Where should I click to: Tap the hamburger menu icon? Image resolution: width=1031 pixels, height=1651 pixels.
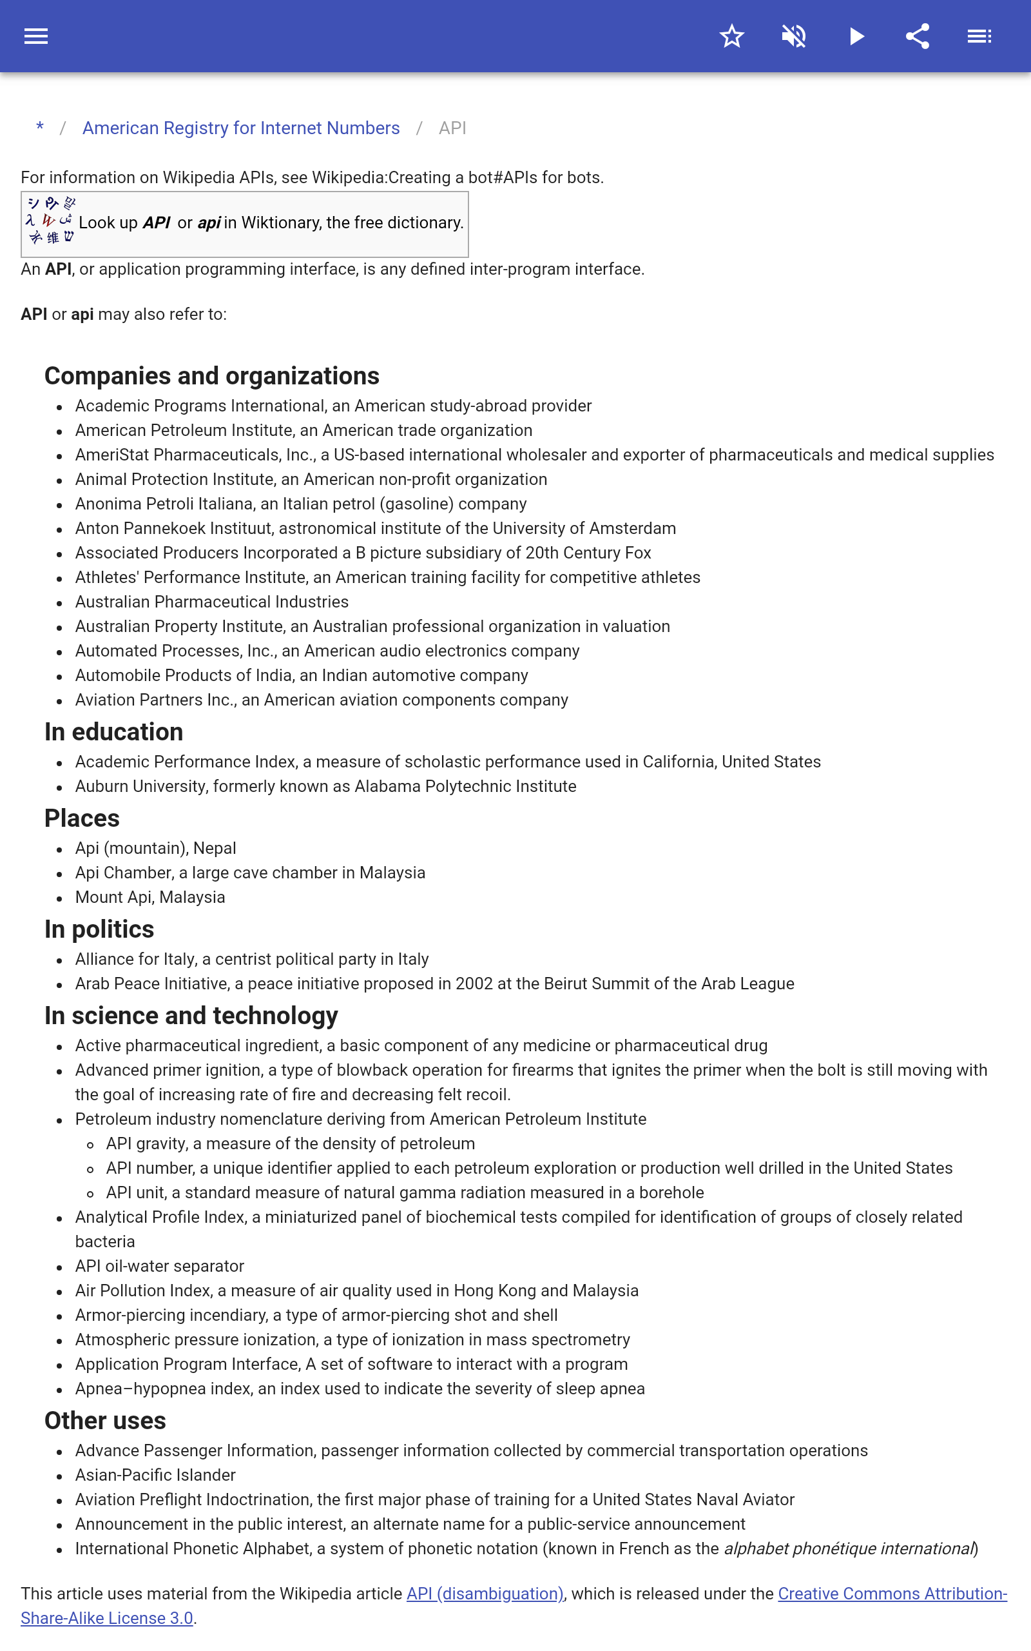tap(36, 36)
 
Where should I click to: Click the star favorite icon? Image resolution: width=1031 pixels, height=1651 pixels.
tap(731, 36)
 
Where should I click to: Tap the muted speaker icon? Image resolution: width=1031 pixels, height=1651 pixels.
tap(794, 36)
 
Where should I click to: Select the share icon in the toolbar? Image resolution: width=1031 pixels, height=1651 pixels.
tap(918, 36)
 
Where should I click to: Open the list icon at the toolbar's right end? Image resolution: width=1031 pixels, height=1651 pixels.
tap(979, 36)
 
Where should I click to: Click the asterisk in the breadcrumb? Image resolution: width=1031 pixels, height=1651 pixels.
tap(40, 128)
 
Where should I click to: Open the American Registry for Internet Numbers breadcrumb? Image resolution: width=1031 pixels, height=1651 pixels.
tap(241, 128)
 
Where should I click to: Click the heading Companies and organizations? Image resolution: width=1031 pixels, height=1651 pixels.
tap(211, 376)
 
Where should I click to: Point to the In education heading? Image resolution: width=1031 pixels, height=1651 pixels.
tap(114, 732)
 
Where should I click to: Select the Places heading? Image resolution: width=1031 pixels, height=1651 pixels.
tap(82, 818)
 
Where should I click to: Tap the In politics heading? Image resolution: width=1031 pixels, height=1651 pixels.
tap(99, 929)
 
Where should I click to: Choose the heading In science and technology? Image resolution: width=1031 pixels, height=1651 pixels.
tap(191, 1016)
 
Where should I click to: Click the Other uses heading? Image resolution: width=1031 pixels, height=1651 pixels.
tap(105, 1420)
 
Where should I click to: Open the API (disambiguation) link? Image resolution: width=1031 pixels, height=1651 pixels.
tap(485, 1594)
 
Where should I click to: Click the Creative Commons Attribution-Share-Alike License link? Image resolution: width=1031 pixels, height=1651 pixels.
tap(892, 1594)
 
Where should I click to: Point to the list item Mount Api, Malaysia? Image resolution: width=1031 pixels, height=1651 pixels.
tap(150, 897)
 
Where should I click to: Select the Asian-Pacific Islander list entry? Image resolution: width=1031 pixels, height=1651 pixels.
tap(155, 1475)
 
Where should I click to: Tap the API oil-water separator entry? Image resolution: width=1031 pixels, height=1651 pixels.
tap(160, 1266)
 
